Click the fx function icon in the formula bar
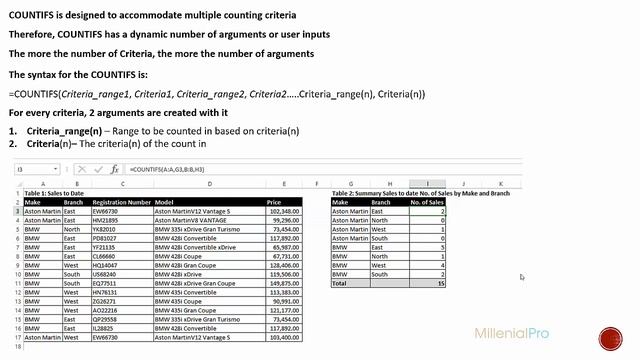coord(115,170)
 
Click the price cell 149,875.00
coord(285,283)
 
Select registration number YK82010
coord(105,229)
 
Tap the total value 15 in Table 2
coord(440,283)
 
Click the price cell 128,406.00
coord(285,265)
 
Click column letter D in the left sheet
coord(209,184)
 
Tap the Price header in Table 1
coord(274,202)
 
